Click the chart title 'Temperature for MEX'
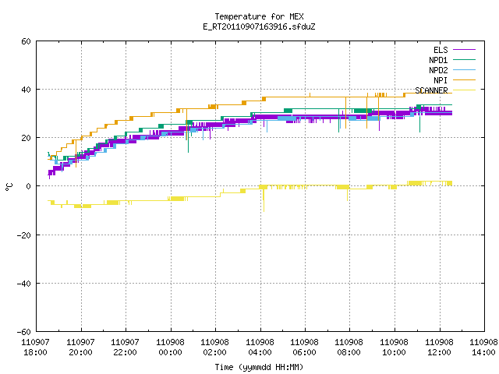tap(259, 16)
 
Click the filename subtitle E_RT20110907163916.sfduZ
tap(259, 26)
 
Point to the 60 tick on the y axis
tap(26, 41)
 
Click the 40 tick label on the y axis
tap(26, 90)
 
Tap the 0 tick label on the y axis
tap(28, 186)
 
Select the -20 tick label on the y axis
tap(24, 235)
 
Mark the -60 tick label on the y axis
tap(24, 332)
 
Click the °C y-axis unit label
tap(9, 187)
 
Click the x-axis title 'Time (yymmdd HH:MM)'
tap(259, 367)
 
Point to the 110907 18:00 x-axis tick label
tap(36, 348)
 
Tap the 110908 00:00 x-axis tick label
tap(170, 348)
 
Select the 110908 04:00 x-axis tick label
tap(260, 348)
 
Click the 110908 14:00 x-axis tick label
tap(483, 348)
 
